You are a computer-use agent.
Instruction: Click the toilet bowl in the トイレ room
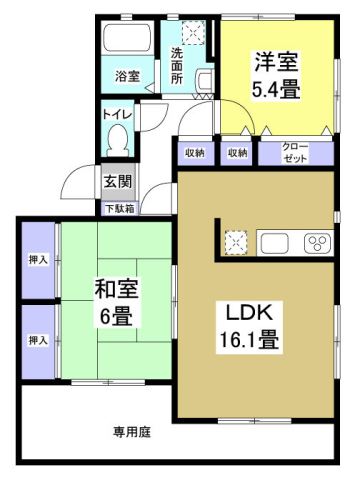(x=117, y=140)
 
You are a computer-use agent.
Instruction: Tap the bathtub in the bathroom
(x=127, y=37)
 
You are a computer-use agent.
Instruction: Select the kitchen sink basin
(x=275, y=243)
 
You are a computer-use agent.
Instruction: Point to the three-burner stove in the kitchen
(x=317, y=243)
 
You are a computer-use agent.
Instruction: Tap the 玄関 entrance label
(x=118, y=182)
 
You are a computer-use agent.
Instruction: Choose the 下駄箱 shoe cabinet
(x=120, y=209)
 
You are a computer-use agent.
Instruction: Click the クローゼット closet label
(x=295, y=153)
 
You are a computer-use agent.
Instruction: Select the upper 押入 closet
(x=38, y=260)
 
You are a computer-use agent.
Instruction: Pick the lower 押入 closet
(x=38, y=342)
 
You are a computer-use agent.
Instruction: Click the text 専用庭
(x=132, y=432)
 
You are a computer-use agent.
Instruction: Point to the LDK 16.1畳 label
(x=249, y=327)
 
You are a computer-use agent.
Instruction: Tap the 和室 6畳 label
(x=116, y=302)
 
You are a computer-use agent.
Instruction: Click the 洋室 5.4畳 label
(x=276, y=75)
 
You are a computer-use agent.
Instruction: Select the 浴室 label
(x=127, y=76)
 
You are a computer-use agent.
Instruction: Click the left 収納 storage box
(x=195, y=153)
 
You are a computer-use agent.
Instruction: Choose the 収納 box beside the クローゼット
(x=237, y=153)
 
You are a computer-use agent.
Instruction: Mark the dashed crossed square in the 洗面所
(x=193, y=32)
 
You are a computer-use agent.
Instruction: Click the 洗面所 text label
(x=177, y=66)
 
